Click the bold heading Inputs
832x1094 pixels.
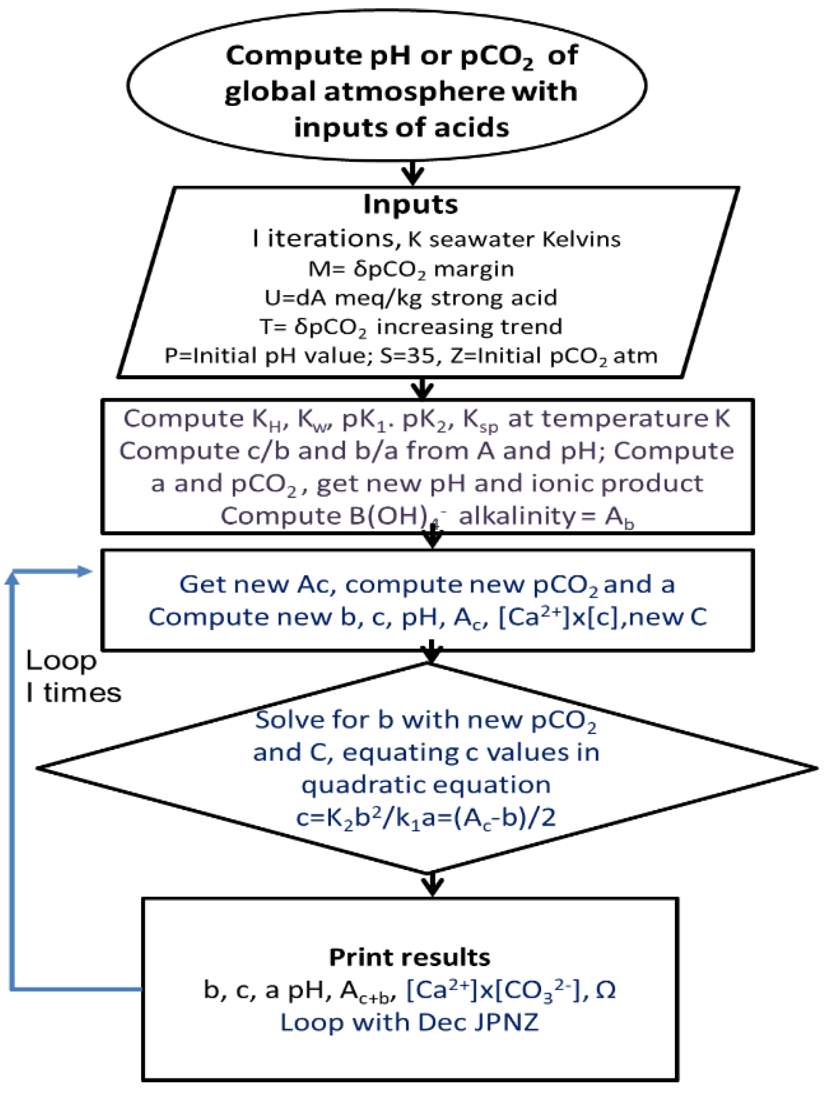(410, 204)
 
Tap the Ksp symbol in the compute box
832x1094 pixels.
(480, 420)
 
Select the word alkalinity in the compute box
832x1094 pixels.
(517, 517)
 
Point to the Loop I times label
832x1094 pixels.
(73, 676)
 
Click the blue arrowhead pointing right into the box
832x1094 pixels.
(85, 571)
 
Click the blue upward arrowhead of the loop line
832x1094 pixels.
(12, 577)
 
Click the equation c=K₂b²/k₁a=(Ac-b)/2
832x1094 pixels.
(426, 818)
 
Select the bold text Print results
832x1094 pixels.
(409, 958)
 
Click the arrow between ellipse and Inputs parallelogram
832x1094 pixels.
(412, 173)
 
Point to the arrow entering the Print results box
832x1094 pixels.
(433, 883)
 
